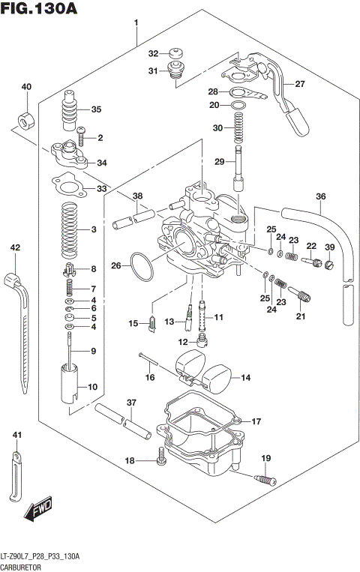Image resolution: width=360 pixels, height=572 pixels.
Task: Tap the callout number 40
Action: pos(26,88)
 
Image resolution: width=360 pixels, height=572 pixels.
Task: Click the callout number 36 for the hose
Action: pos(321,197)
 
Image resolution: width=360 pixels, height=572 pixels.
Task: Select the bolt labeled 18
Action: pos(160,456)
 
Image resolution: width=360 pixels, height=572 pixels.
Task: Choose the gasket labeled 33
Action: pos(70,187)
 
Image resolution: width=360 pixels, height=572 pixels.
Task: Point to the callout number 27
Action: pos(300,84)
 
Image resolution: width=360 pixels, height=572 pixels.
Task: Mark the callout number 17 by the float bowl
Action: pos(256,421)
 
